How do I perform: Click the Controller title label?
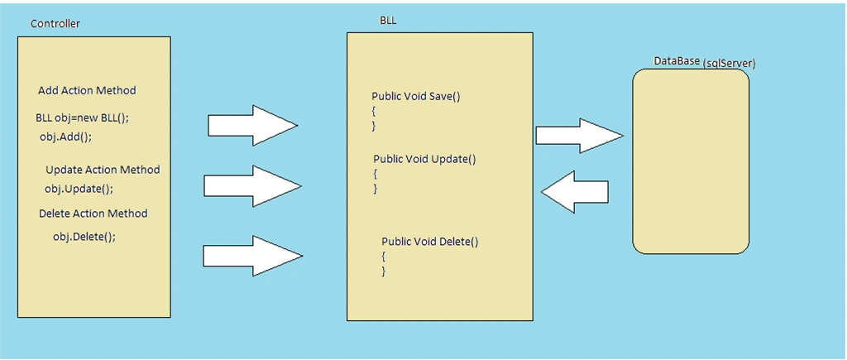coord(55,24)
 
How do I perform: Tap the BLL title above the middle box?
coord(389,21)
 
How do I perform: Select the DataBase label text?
coord(677,61)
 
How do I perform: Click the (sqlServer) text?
coord(730,64)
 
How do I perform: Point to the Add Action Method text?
coord(87,91)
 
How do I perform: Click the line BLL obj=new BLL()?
coord(82,118)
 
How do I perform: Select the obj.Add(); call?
coord(66,137)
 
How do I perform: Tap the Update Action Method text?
coord(103,170)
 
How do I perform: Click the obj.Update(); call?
coord(79,190)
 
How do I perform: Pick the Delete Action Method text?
coord(93,214)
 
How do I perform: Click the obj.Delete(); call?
coord(84,237)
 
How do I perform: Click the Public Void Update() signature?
coord(424,160)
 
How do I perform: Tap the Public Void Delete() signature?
coord(430,242)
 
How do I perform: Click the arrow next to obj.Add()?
coord(253,126)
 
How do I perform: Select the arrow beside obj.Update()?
coord(252,186)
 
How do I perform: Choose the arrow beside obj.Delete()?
coord(252,256)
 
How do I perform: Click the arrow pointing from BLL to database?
coord(580,136)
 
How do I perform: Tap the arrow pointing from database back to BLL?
coord(575,191)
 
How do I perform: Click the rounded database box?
coord(691,161)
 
